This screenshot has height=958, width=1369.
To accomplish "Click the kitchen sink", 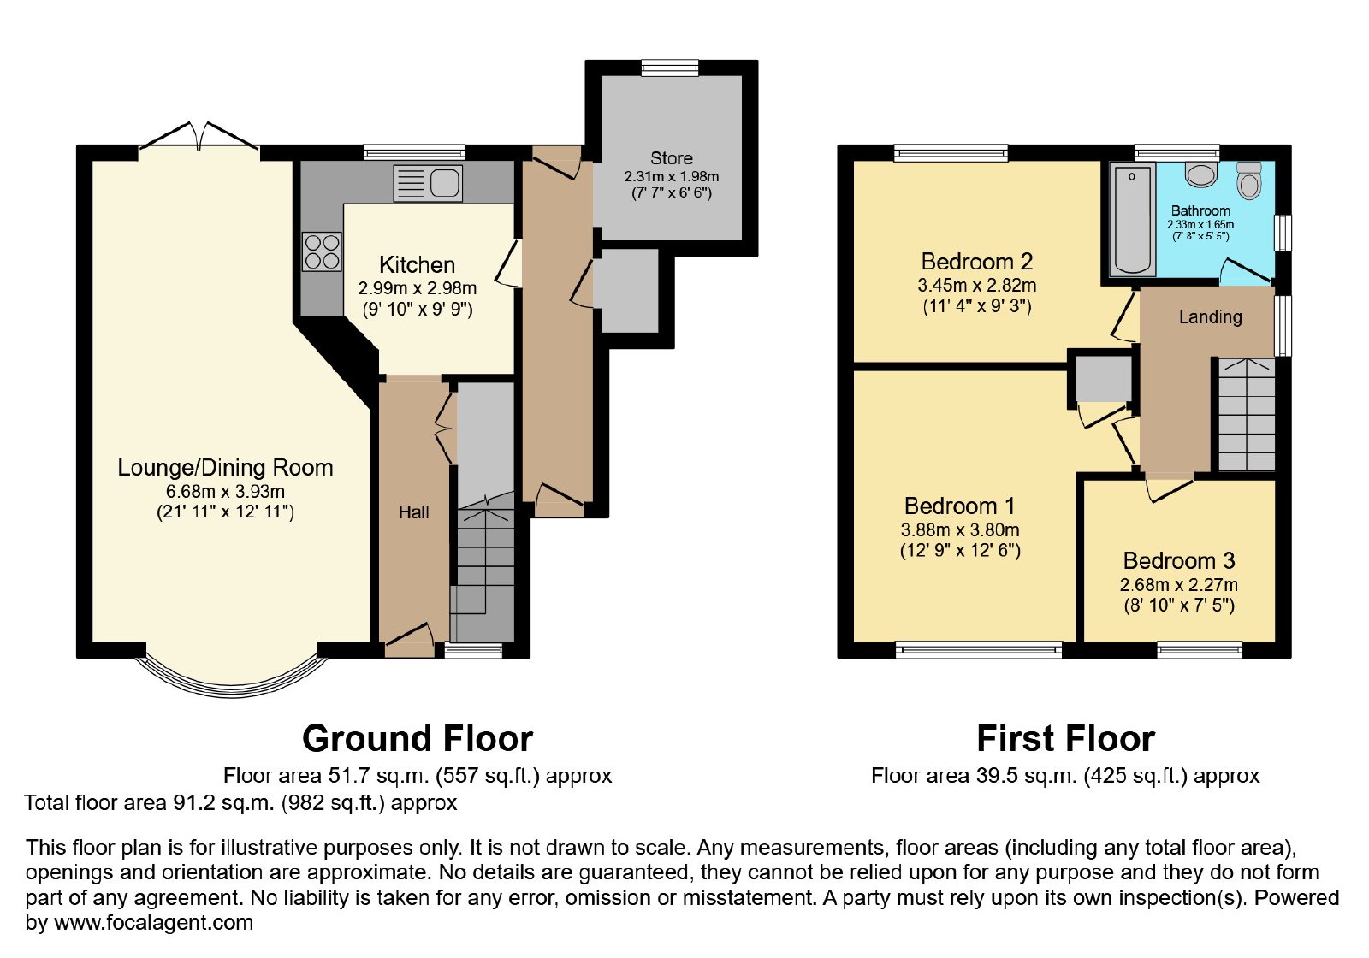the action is point(428,183).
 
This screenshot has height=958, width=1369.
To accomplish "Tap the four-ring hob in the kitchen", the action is point(322,251).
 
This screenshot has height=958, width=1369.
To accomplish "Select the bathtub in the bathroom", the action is point(1132,219).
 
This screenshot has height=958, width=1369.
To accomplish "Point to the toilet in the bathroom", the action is point(1248,180).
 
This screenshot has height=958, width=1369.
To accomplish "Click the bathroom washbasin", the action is point(1201,174).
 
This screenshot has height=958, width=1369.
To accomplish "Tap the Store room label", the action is point(671,158).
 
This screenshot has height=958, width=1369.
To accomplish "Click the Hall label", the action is point(414,512).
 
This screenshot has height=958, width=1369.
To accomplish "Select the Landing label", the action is point(1210,316).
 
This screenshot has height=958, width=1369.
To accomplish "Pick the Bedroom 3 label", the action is point(1179,560).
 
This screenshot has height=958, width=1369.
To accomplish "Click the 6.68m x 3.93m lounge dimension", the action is point(225,491).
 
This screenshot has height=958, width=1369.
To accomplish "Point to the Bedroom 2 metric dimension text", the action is point(976,285).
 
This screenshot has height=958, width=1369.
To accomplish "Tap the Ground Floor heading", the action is point(418,738).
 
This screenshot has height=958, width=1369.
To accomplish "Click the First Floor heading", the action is point(1066,738).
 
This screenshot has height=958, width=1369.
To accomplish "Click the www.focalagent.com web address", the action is point(153,922).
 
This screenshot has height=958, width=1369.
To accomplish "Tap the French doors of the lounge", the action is point(199,136).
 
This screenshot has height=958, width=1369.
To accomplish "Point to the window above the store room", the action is point(670,68).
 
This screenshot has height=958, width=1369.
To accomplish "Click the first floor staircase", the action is point(1247,414).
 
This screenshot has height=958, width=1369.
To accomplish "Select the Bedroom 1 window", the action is point(979,649).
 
